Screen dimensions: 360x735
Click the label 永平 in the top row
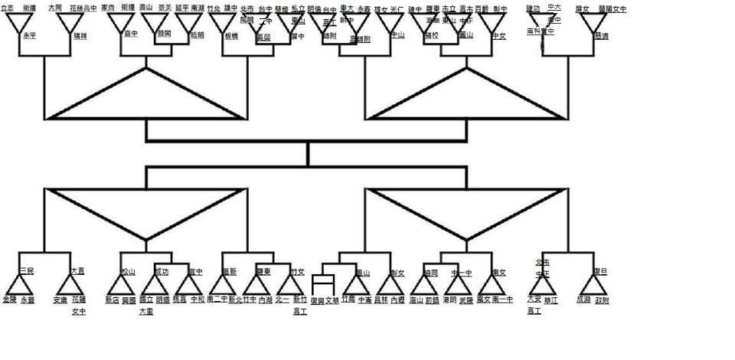coord(30,35)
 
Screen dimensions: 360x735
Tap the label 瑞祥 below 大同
coord(80,35)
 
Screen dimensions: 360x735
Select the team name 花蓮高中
coord(83,8)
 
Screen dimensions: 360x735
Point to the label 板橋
coord(230,35)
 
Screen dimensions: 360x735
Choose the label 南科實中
coord(541,31)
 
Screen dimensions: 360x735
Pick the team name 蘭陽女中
coord(612,8)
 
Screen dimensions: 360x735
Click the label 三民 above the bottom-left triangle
coord(27,270)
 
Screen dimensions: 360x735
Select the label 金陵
coord(10,299)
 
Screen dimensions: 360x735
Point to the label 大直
coord(77,270)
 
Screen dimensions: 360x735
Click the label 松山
coord(128,270)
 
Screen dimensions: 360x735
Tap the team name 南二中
coord(217,299)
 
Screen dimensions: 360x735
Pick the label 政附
coord(603,299)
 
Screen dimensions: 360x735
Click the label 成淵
coord(583,299)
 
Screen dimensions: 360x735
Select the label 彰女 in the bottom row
coord(397,271)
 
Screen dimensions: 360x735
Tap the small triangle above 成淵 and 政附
coord(593,286)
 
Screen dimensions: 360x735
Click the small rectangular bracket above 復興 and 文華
coord(323,284)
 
